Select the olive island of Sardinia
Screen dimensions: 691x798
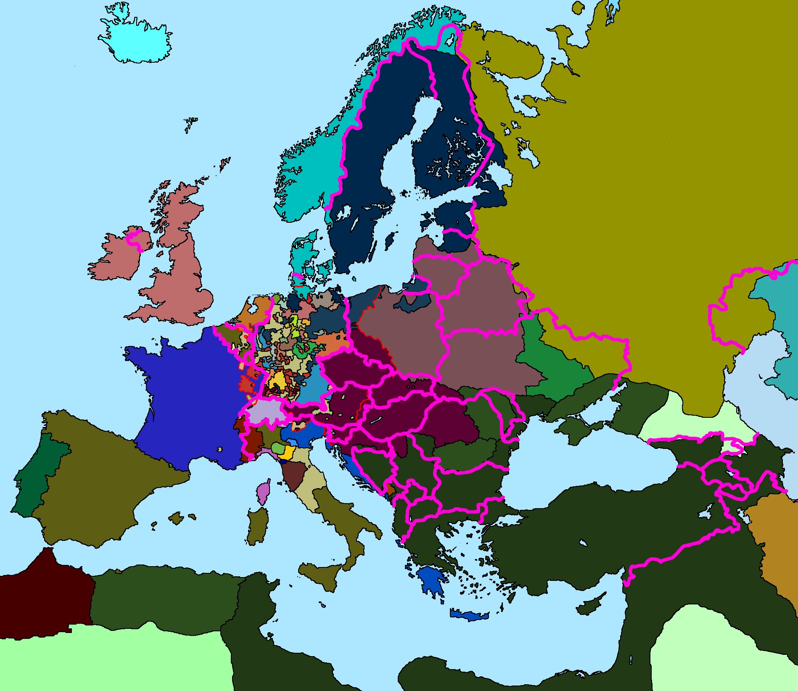257,525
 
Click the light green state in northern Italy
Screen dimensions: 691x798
277,448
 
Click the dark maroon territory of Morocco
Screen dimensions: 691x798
42,597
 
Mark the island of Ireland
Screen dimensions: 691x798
114,261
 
